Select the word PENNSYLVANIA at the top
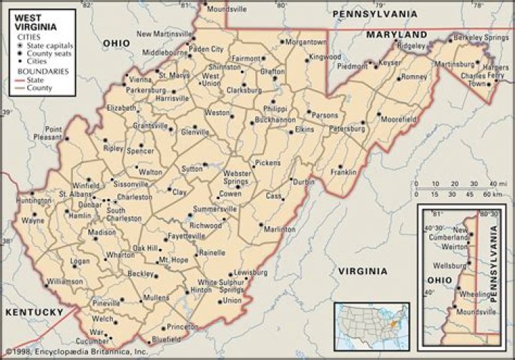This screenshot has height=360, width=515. tap(375, 13)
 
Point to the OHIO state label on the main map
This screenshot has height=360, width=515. tap(117, 43)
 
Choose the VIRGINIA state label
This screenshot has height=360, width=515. tap(361, 271)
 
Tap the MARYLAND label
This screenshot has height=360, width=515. tap(396, 34)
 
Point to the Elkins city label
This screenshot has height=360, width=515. tap(304, 130)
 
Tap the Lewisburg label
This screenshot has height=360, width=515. tap(250, 273)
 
